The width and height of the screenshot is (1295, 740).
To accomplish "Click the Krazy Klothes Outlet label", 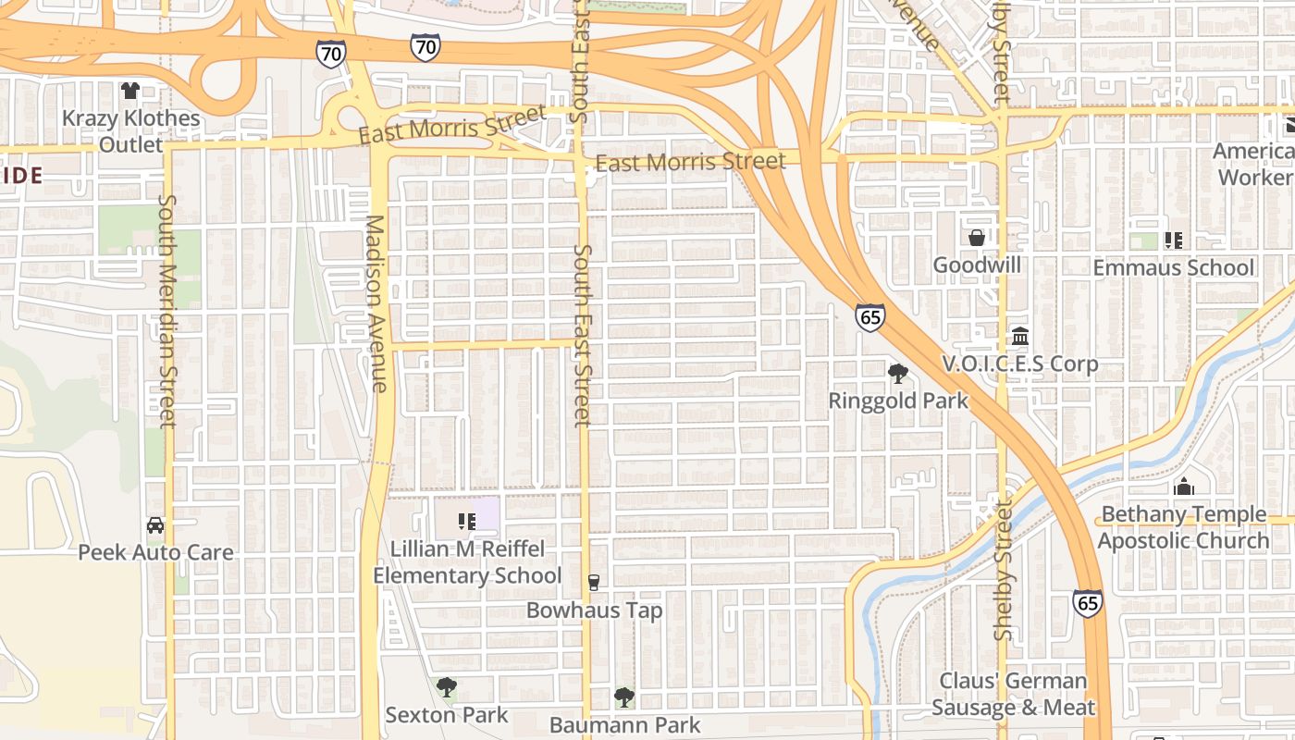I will coord(130,131).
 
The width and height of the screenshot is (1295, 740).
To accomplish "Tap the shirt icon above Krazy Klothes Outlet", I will coord(130,91).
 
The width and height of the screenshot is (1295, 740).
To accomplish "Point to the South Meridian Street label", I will coord(166,310).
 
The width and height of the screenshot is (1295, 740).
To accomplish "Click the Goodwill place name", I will coord(977,265).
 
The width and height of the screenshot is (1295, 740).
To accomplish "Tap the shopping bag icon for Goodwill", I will coord(977,238).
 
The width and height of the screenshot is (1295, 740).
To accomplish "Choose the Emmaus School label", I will coord(1174,267).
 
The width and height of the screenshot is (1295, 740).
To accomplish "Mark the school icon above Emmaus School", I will coord(1174,240).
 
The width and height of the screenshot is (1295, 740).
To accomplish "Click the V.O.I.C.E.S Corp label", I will coord(1020,364).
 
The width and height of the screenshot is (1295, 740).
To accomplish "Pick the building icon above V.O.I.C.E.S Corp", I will coord(1020,336).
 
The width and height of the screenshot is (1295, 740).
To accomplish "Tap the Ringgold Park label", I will coord(898,401).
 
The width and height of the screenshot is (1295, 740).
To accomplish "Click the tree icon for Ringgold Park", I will coord(897,374).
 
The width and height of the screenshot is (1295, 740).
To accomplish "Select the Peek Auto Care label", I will coord(155,552).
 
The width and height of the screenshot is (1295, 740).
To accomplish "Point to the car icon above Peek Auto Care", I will coord(155,525).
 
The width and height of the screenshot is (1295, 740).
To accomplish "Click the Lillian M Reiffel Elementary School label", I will coord(467,561).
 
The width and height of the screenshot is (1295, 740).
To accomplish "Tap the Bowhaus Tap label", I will coord(594,610).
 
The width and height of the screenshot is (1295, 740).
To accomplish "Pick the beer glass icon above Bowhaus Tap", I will coord(594,583).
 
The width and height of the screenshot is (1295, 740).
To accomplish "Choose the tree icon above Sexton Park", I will coord(447,687).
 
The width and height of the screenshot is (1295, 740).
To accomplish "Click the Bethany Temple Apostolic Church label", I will coord(1184,527).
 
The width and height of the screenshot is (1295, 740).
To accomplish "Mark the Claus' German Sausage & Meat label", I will coord(1014,695).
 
